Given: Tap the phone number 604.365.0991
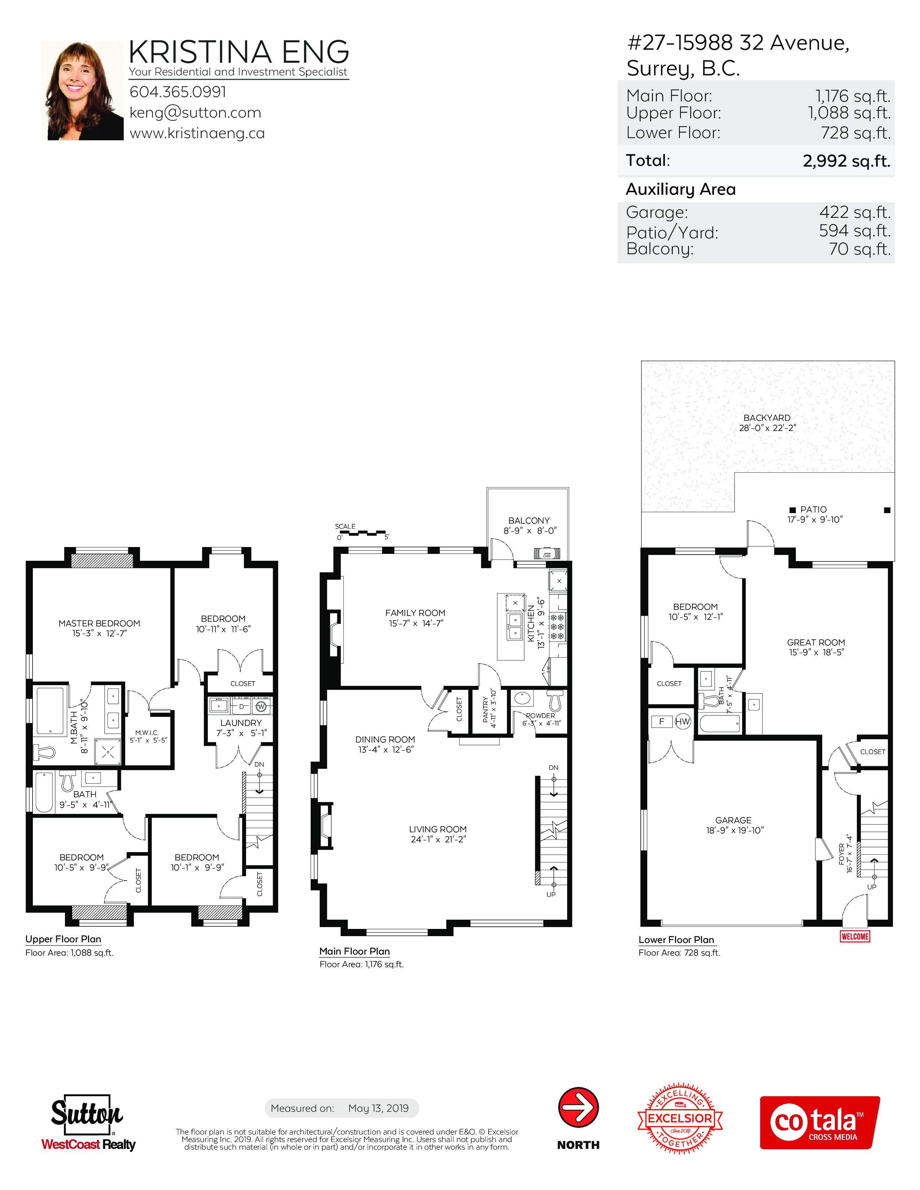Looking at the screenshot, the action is [x=178, y=92].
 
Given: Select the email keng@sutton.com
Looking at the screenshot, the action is [x=195, y=113].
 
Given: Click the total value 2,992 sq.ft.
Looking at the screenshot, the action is [x=846, y=161].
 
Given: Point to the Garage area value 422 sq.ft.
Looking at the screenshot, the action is [x=855, y=212].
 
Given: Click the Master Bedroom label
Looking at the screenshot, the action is [x=99, y=623].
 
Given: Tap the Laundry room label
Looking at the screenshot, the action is [x=241, y=723].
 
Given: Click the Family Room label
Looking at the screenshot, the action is [x=415, y=613].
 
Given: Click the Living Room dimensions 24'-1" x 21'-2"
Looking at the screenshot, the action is [x=438, y=839].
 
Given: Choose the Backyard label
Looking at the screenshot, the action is [x=767, y=418].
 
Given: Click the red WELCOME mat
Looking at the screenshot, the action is [x=855, y=936].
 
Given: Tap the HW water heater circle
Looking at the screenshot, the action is [x=683, y=722].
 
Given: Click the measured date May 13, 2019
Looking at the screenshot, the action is [x=378, y=1108].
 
